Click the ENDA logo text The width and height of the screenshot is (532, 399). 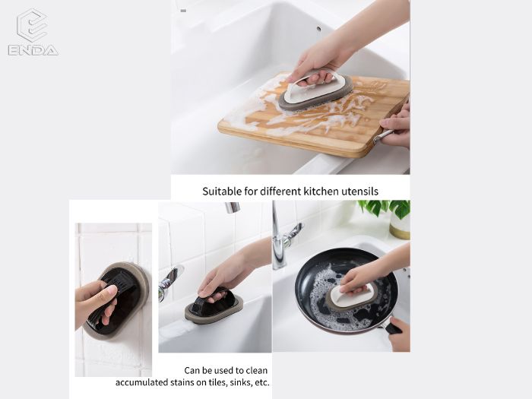click(x=33, y=50)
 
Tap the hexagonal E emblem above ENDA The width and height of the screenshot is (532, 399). click(x=32, y=25)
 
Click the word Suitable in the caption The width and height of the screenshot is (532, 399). click(x=222, y=192)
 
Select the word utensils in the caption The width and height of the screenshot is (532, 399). click(x=359, y=192)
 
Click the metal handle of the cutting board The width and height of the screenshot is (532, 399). click(x=383, y=137)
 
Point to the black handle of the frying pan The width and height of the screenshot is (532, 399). click(x=393, y=328)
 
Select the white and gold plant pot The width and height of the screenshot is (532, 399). click(x=400, y=226)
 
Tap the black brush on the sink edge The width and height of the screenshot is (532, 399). click(x=214, y=306)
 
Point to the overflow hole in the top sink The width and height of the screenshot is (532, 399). click(x=318, y=29)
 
